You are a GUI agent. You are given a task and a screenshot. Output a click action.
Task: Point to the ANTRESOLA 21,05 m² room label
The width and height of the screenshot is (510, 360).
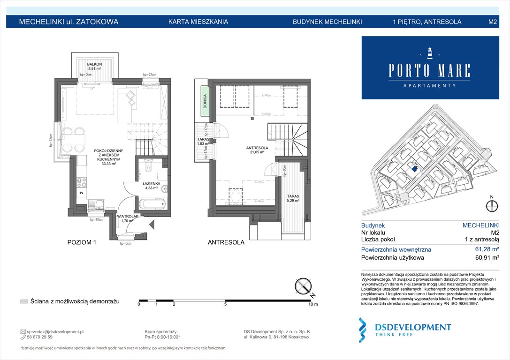257,150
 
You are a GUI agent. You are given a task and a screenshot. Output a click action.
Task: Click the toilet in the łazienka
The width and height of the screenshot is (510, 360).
148,167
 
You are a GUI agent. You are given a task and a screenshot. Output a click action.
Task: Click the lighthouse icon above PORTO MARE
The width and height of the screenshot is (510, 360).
429,52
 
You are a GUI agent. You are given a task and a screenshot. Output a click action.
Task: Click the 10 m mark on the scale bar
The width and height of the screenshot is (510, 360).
312,305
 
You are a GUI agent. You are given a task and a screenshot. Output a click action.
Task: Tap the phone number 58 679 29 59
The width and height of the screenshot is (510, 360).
40,337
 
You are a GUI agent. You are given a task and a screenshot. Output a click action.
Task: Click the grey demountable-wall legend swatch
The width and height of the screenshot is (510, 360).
24,301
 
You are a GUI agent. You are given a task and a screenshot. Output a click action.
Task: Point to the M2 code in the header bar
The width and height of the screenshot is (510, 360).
493,22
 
